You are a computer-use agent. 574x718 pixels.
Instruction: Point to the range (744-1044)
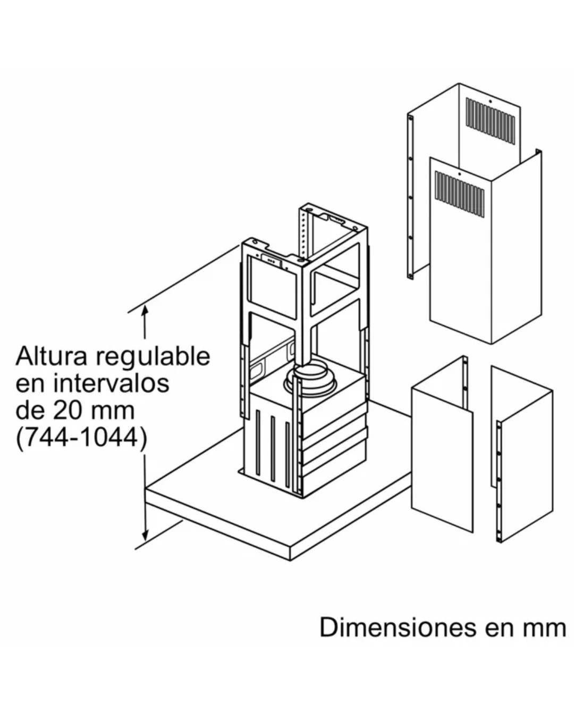[81, 438]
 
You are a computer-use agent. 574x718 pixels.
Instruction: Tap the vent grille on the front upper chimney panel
[459, 195]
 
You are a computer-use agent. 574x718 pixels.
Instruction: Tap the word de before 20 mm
[30, 410]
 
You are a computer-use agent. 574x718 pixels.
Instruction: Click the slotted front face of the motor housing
[271, 441]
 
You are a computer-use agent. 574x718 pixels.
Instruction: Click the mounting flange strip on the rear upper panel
[410, 197]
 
